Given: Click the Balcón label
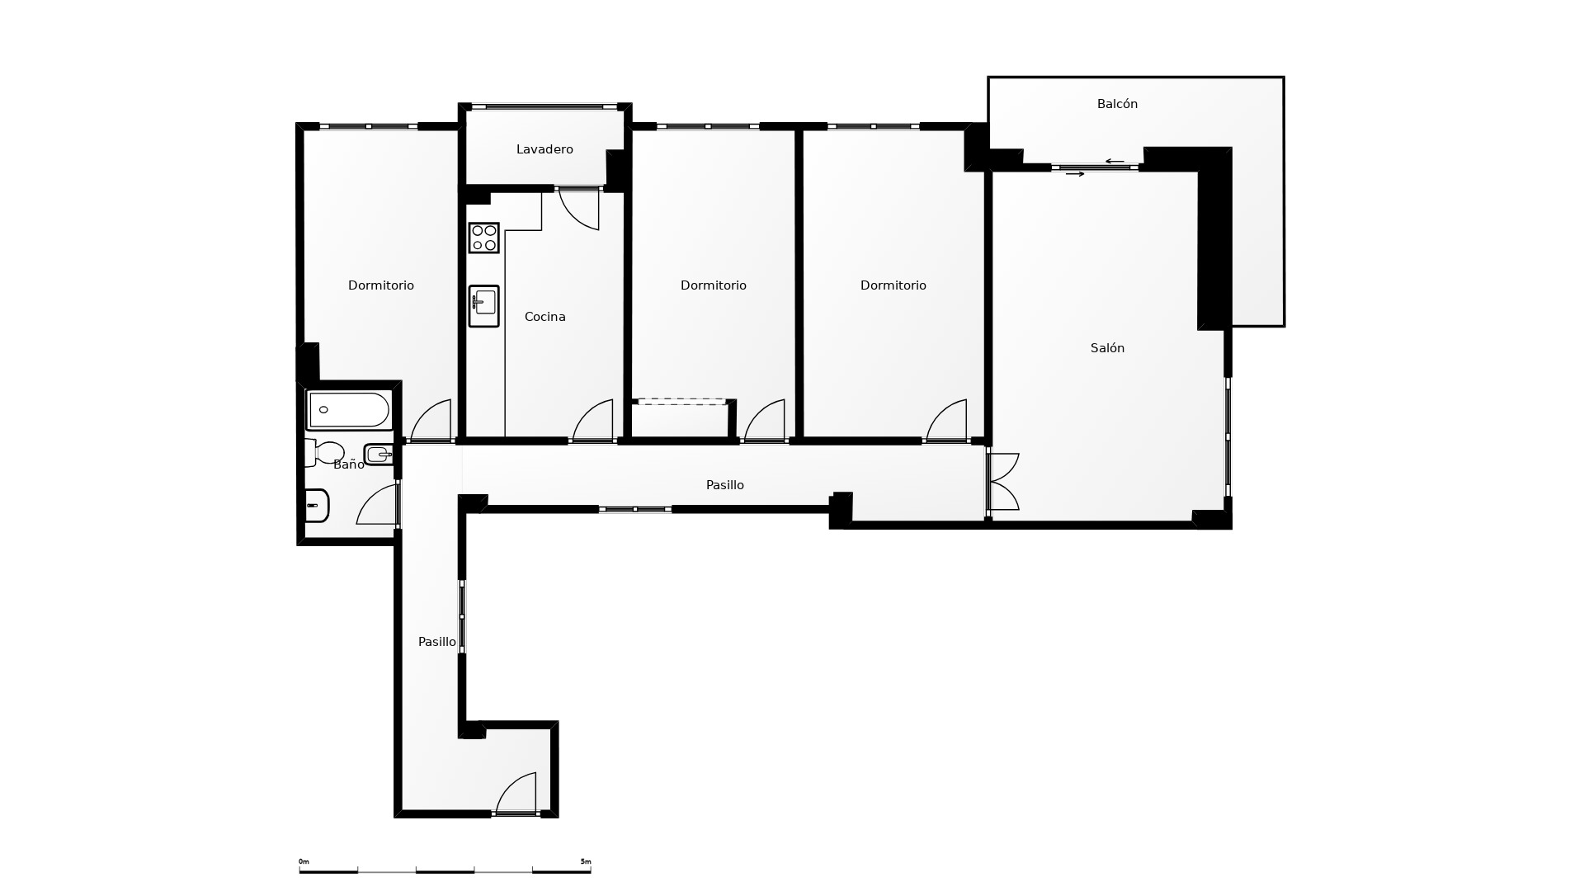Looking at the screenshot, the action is [1117, 104].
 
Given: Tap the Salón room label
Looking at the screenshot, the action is [1107, 348].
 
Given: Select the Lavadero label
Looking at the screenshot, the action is [544, 149].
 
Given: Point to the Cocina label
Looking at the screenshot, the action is [544, 317].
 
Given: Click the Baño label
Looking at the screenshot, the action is [349, 464].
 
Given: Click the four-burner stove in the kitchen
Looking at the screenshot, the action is [484, 238].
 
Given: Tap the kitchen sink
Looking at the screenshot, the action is [484, 306].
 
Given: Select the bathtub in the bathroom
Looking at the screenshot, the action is [348, 410].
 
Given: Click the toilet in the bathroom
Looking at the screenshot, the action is [325, 453].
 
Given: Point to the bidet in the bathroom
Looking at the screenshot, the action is [317, 506].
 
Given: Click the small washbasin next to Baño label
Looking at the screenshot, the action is [379, 455].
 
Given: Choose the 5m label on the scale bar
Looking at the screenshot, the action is [586, 861].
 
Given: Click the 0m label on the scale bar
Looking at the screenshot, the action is [304, 861].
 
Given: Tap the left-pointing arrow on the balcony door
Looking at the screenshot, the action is [1115, 162].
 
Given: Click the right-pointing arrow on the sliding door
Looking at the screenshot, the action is [1075, 174].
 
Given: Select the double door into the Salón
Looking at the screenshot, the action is [1003, 482].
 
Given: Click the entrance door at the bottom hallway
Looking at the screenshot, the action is [516, 794].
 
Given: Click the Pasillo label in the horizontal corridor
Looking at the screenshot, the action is [725, 485].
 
